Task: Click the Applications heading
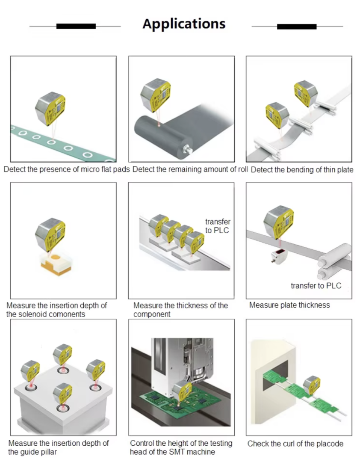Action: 184,24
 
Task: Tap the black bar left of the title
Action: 76,26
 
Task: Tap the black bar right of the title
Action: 297,27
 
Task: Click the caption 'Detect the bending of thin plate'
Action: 302,170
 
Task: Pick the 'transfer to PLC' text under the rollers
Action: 316,286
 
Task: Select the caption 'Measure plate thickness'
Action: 289,305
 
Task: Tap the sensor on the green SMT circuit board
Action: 182,391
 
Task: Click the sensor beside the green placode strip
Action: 312,385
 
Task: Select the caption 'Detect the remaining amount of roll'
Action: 190,169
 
